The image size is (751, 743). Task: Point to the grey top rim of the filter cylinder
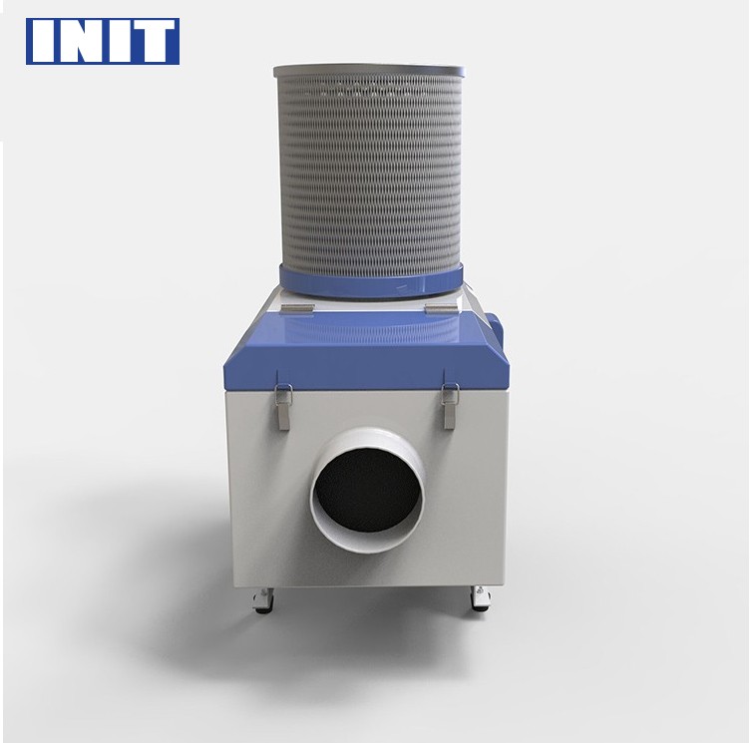[x=369, y=72]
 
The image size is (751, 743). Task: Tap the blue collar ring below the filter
[x=371, y=282]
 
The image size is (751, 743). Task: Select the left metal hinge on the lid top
[x=297, y=309]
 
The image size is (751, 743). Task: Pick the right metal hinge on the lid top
[x=441, y=309]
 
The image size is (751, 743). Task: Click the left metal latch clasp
[x=282, y=406]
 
